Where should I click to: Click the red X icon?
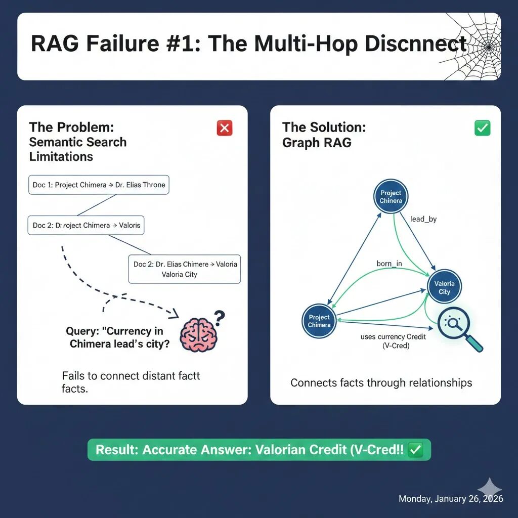point(224,128)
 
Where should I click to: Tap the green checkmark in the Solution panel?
point(482,128)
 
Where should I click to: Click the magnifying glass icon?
point(458,328)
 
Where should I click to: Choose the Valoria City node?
point(444,287)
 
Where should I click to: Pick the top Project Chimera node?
point(391,197)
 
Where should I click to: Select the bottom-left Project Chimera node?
point(319,321)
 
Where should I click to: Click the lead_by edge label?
point(423,220)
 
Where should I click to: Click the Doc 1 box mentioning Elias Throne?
point(99,185)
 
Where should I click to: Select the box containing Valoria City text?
point(185,269)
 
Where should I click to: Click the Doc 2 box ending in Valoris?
point(86,225)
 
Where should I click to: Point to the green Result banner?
point(259,450)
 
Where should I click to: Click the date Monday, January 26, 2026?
point(451,499)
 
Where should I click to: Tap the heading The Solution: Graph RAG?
point(324,135)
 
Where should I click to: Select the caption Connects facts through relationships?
point(381,383)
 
